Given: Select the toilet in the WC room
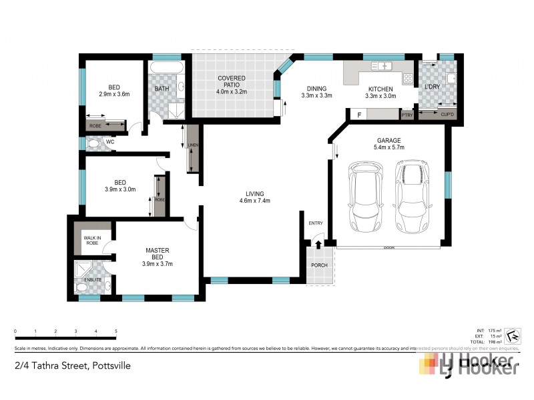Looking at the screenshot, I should coord(93,143).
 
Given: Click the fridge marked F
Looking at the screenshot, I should coord(360,115).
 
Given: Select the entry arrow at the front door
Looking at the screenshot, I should coord(318,246).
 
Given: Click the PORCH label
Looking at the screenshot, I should coord(318,266).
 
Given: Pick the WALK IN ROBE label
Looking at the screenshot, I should coord(92,241).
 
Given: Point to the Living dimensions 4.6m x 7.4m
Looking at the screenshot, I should coord(254,201).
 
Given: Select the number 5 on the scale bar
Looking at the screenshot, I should coord(116,331).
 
